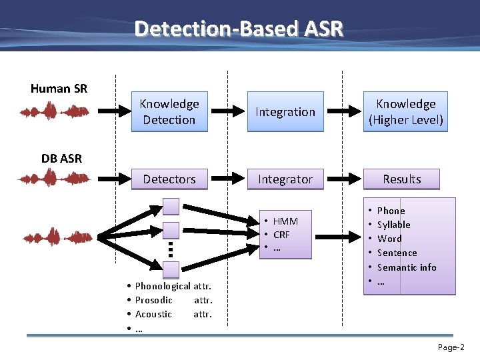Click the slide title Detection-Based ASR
[239, 29]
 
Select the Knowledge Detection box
[169, 111]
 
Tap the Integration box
[285, 111]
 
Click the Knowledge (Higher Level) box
[405, 111]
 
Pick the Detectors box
[169, 179]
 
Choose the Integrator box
[285, 179]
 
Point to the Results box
[402, 179]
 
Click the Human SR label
[59, 89]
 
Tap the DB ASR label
[61, 158]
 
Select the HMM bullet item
[285, 221]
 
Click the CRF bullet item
[281, 235]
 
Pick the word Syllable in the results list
[393, 225]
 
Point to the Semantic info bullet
[407, 267]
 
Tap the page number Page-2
[451, 347]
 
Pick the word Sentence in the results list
[397, 253]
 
